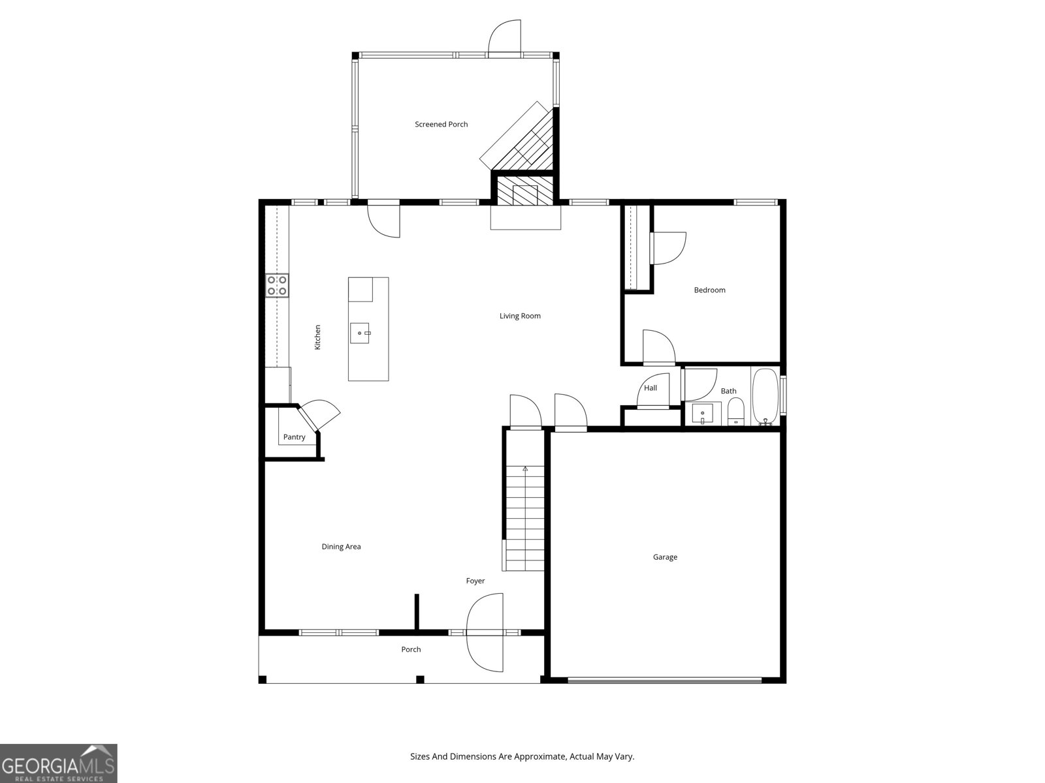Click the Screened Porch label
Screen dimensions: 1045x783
(x=441, y=124)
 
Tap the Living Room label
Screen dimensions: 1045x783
(x=520, y=316)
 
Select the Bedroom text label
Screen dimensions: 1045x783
(x=709, y=290)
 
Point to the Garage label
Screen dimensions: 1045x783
(x=665, y=557)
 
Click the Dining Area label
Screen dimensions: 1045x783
(x=341, y=547)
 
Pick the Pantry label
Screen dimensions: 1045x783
(x=294, y=437)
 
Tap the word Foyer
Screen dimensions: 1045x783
(x=475, y=581)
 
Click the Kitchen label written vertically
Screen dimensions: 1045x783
(x=317, y=337)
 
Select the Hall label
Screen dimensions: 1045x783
(x=651, y=388)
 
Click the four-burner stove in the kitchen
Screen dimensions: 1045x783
(x=277, y=286)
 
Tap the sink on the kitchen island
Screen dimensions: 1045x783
(x=360, y=333)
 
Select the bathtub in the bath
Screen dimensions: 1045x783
(x=765, y=397)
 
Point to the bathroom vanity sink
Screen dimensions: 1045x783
(x=702, y=413)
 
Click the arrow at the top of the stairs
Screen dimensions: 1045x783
(x=525, y=468)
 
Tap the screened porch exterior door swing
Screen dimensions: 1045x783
(x=505, y=37)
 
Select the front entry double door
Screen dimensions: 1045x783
(x=485, y=632)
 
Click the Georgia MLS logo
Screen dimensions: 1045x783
(x=59, y=763)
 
